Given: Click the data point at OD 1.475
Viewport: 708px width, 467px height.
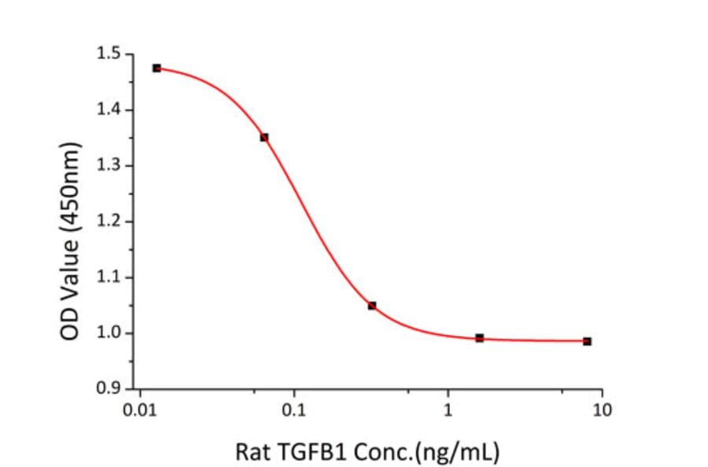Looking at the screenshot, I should pos(157,68).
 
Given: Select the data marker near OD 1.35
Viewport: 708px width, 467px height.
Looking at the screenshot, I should pos(264,138).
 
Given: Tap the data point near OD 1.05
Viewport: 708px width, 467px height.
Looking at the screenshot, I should pos(372,305).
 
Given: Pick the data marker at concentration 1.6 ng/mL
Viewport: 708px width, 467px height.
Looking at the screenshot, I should pos(480,338).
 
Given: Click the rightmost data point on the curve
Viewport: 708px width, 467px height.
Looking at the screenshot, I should pos(587,341).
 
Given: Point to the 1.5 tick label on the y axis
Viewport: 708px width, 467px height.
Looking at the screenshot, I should pos(109,54).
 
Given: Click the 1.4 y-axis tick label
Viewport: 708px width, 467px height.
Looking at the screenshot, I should pos(109,110).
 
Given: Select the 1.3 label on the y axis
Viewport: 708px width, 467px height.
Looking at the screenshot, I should pos(109,166).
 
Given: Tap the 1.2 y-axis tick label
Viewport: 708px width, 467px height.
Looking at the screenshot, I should pos(109,222).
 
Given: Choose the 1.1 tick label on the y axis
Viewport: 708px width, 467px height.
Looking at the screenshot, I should pos(109,278).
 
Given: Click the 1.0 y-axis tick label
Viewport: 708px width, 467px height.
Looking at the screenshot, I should pos(109,333).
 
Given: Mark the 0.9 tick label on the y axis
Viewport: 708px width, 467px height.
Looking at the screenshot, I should pos(109,388).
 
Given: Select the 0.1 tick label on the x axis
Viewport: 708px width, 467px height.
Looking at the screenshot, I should pos(294,410).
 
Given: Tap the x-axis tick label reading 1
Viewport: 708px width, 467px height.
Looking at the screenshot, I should pos(448,410).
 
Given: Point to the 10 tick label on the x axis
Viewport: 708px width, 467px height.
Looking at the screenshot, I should pos(603,410).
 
